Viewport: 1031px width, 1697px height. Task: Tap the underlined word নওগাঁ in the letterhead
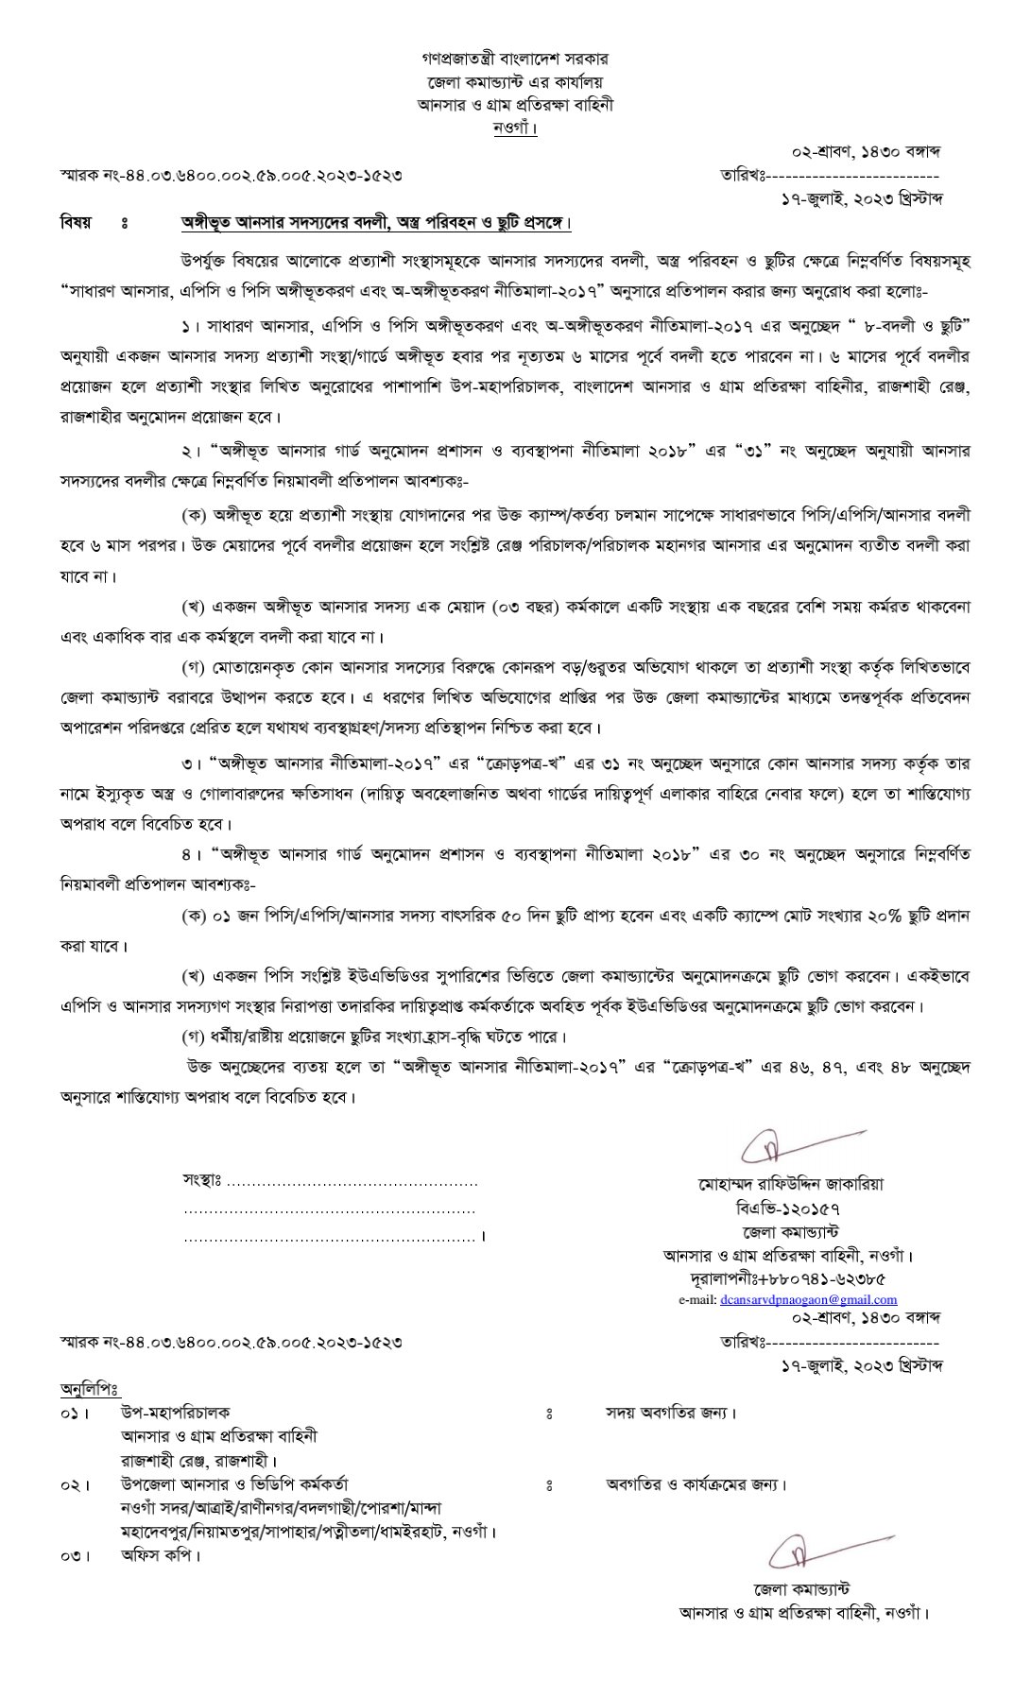pos(515,127)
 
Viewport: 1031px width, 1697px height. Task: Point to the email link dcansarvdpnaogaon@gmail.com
pos(808,1299)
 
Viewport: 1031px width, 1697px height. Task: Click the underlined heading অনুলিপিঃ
pos(90,1388)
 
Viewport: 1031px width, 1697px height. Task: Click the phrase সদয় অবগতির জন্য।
pos(671,1414)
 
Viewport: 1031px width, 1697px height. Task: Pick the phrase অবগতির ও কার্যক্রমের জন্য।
pos(696,1484)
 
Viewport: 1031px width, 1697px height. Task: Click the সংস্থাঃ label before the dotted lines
pos(201,1181)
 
